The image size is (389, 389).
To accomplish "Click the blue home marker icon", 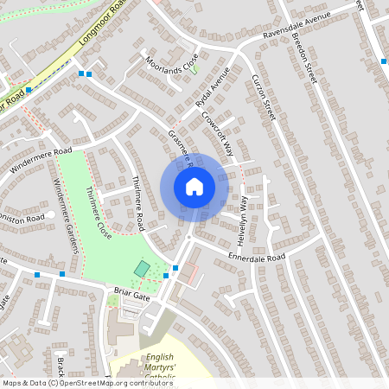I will tap(194, 187).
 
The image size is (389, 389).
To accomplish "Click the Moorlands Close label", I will tap(172, 60).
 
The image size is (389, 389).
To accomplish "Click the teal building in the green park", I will tap(141, 270).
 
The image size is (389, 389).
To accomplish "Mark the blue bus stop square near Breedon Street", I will tap(384, 61).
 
